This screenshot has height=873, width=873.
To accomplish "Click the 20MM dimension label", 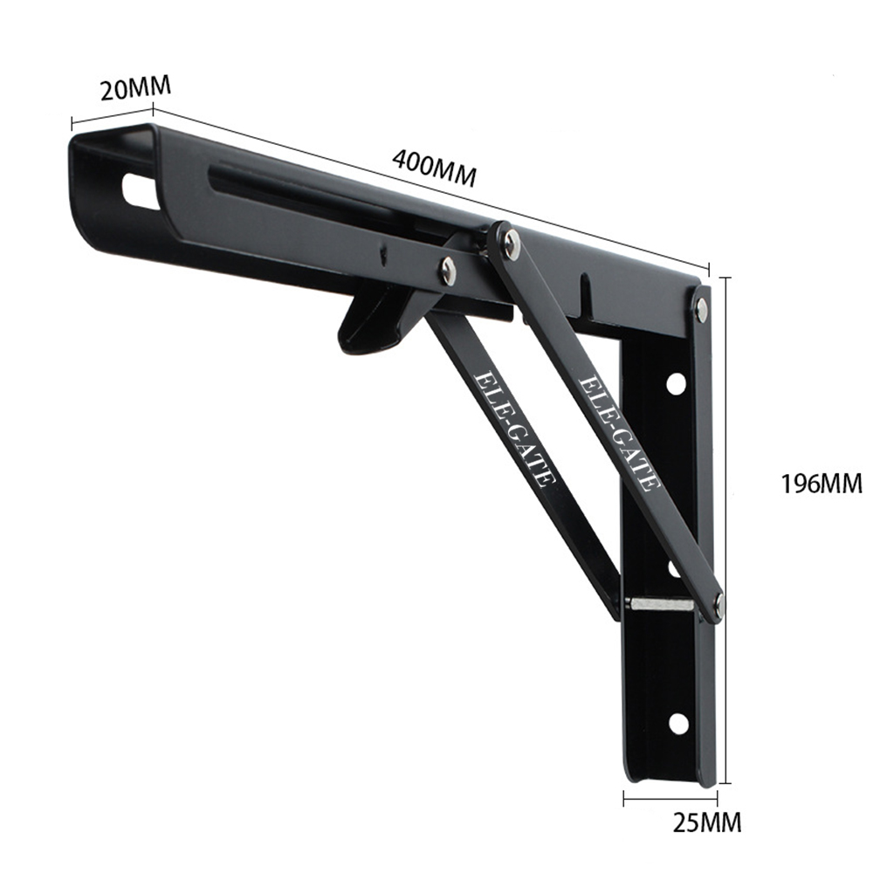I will [x=134, y=88].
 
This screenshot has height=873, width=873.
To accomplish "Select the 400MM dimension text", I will [x=434, y=167].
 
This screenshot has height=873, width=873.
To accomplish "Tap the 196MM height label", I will [x=821, y=483].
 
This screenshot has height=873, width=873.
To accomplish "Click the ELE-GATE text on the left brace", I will [x=512, y=428].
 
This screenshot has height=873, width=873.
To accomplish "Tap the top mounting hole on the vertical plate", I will [x=676, y=382].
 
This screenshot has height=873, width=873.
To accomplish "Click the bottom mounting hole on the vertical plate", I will [x=677, y=723].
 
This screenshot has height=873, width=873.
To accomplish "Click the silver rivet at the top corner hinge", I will [x=701, y=305].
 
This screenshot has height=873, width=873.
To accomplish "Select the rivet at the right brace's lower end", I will [x=718, y=601].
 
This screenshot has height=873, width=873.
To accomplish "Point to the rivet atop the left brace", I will [x=448, y=272].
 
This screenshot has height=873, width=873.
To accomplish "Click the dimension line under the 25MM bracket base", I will [x=670, y=795].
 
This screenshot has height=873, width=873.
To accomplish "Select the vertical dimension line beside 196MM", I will [x=725, y=524].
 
